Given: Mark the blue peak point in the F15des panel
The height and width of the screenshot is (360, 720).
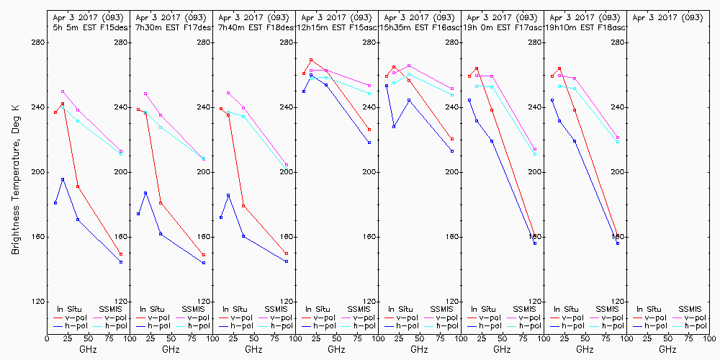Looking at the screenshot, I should point(63,179).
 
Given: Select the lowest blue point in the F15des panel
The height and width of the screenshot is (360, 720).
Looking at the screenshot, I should point(121,262).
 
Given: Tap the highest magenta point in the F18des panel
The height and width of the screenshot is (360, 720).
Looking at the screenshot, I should point(228,93).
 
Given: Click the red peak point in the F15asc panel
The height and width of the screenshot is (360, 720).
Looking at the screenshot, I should point(311,60).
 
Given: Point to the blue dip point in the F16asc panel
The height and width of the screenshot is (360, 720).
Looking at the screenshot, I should point(394,127).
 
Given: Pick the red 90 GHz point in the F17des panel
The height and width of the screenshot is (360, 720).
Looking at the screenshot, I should point(204,255).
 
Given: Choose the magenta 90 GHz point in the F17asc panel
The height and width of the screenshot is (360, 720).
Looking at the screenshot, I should point(535,149).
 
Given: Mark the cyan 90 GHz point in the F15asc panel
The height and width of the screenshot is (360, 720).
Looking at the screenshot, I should point(369,94).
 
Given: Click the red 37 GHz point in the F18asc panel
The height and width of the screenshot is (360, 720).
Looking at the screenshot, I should point(575,110).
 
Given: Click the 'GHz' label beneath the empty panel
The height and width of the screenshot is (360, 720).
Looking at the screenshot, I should point(667,349).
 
